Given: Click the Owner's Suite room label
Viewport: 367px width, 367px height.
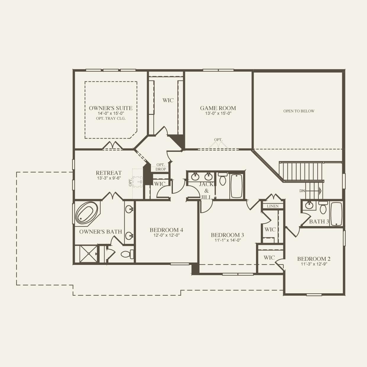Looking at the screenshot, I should [x=111, y=108].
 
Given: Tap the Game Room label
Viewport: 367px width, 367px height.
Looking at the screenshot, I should [x=218, y=108].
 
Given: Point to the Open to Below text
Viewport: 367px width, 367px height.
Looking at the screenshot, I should [x=299, y=111].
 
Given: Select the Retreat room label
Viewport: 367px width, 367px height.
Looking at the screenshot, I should [x=109, y=173].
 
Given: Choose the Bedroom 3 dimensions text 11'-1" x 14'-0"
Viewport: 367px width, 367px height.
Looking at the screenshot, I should [x=227, y=240].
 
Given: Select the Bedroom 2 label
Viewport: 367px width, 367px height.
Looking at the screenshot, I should [x=314, y=259].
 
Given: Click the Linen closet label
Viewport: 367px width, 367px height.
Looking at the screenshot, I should [x=273, y=206].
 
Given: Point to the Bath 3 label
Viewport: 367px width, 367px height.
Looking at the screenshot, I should [x=319, y=221].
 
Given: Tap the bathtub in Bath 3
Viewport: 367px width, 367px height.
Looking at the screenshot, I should [x=336, y=214].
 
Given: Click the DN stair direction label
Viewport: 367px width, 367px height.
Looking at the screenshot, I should [x=302, y=191].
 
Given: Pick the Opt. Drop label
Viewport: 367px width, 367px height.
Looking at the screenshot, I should [x=161, y=167].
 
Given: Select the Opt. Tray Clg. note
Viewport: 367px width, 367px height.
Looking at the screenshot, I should [x=111, y=118].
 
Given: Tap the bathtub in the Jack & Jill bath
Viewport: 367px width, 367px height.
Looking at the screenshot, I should [x=236, y=186].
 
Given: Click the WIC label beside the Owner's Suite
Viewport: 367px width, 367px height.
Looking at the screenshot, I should [x=168, y=100].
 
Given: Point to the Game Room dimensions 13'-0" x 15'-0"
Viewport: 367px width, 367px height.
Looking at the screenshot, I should [x=218, y=113].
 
